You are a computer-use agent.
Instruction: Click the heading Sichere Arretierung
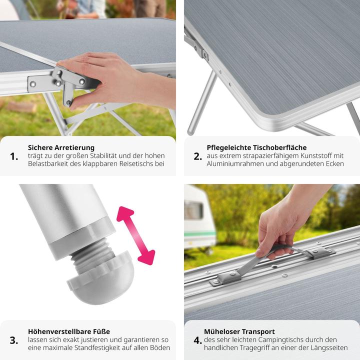coord(61,147)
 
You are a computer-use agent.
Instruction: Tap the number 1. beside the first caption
coord(14,156)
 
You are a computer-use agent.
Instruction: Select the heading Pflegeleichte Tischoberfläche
coord(256,147)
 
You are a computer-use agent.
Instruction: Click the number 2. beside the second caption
coord(197,156)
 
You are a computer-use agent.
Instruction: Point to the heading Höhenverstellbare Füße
coord(69,331)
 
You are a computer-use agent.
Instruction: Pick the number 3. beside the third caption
coord(14,340)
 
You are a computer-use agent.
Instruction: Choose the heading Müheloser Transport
coord(239,331)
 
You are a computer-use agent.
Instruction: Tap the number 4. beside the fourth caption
coord(197,340)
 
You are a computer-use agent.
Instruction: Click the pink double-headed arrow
coord(135,235)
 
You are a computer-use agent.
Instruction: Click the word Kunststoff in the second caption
coord(314,155)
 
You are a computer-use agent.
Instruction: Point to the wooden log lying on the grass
coord(22,107)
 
